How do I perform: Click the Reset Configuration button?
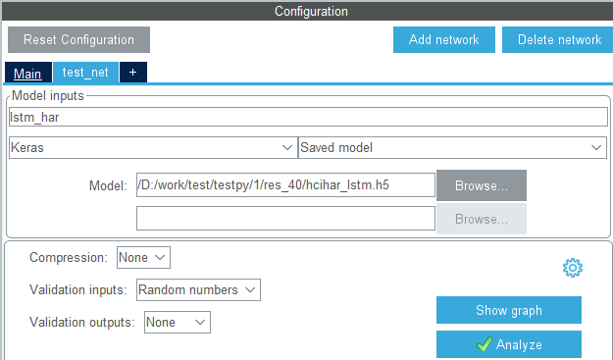point(78,39)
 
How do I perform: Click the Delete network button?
point(557,39)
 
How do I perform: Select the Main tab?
point(27,73)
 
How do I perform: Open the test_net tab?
point(85,73)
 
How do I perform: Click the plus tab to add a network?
point(133,73)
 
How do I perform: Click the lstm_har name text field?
point(308,117)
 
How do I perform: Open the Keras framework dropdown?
point(153,147)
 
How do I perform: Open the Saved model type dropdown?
point(452,147)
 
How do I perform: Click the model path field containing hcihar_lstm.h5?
point(285,184)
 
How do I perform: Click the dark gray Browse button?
point(482,185)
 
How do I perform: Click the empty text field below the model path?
point(285,218)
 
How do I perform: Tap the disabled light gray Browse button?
point(482,219)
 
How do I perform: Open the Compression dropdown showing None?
point(143,257)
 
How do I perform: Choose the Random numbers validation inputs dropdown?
point(198,289)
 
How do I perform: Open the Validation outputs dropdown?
point(178,322)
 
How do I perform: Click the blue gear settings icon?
point(573,268)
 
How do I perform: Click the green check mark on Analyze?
point(485,344)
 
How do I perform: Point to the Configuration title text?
point(311,11)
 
